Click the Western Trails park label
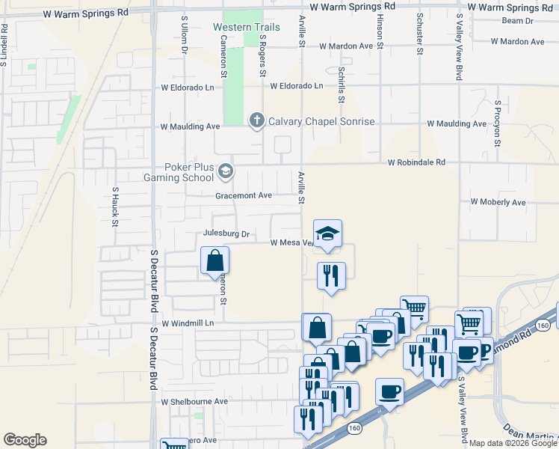pyautogui.click(x=246, y=28)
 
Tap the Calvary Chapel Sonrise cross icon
pyautogui.click(x=256, y=120)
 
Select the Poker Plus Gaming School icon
pyautogui.click(x=224, y=173)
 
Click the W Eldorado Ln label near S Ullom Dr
pyautogui.click(x=188, y=88)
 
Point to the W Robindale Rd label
pyautogui.click(x=416, y=162)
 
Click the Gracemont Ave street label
pyautogui.click(x=243, y=195)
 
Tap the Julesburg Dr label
pyautogui.click(x=225, y=233)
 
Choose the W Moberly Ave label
pyautogui.click(x=498, y=202)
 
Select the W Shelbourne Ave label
pyautogui.click(x=194, y=402)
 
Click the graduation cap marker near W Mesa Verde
pyautogui.click(x=327, y=233)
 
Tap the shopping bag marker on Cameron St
pyautogui.click(x=214, y=261)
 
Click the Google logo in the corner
pyautogui.click(x=25, y=440)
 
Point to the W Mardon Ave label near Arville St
pyautogui.click(x=345, y=46)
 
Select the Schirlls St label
pyautogui.click(x=341, y=84)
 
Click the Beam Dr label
pyautogui.click(x=519, y=22)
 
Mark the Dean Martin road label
pyautogui.click(x=532, y=434)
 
